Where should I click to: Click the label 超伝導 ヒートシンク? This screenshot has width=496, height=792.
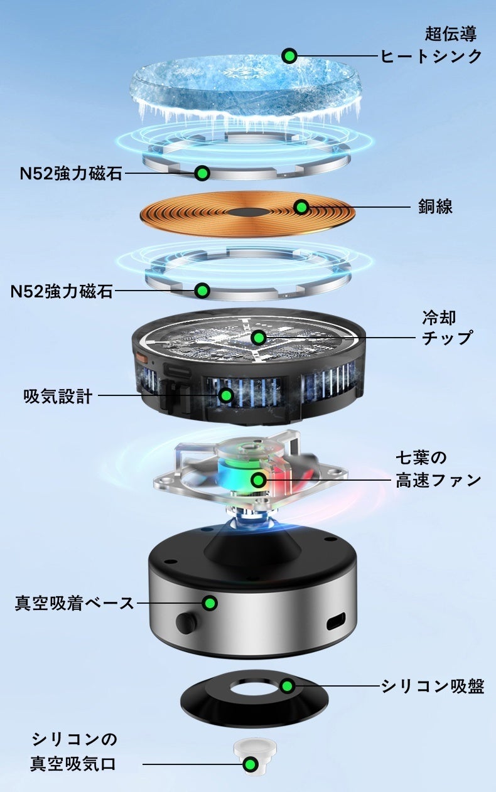point(431,45)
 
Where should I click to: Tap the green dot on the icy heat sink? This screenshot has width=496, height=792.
point(289,56)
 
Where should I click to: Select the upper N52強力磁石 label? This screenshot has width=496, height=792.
point(71,173)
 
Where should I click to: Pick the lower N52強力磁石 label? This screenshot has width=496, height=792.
point(62,291)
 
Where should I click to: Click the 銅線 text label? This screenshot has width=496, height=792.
point(435,206)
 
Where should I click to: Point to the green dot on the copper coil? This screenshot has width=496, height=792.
point(301,206)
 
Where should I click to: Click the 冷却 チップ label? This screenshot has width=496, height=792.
point(447,328)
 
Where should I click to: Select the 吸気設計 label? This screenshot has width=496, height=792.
point(58,396)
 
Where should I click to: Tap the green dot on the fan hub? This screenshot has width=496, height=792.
point(259,480)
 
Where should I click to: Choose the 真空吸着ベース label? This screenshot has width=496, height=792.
point(74,603)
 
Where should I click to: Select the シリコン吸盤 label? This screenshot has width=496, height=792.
point(433,687)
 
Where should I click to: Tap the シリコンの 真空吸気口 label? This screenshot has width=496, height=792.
point(73,751)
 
